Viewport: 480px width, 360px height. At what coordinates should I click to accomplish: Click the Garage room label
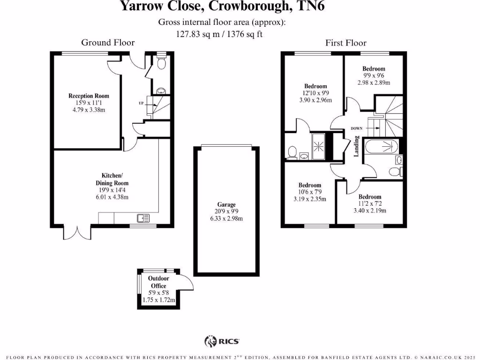pos(226,205)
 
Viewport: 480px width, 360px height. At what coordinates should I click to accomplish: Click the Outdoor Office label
pos(158,282)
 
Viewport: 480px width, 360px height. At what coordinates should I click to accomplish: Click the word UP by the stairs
pos(141,103)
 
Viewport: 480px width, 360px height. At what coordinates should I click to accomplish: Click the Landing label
pos(356,146)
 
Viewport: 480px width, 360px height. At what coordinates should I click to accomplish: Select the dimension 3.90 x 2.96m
pos(315,100)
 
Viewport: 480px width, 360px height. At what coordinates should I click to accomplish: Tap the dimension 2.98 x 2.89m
pos(374,82)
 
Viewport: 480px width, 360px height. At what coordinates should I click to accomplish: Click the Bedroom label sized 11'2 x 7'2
pos(370,197)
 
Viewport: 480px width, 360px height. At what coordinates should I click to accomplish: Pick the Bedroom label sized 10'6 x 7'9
pos(310,185)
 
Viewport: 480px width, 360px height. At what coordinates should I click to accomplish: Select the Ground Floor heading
pos(108,43)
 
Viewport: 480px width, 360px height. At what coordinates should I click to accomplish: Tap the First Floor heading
pos(346,43)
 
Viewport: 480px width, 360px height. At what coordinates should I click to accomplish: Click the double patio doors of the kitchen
pos(76,232)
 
